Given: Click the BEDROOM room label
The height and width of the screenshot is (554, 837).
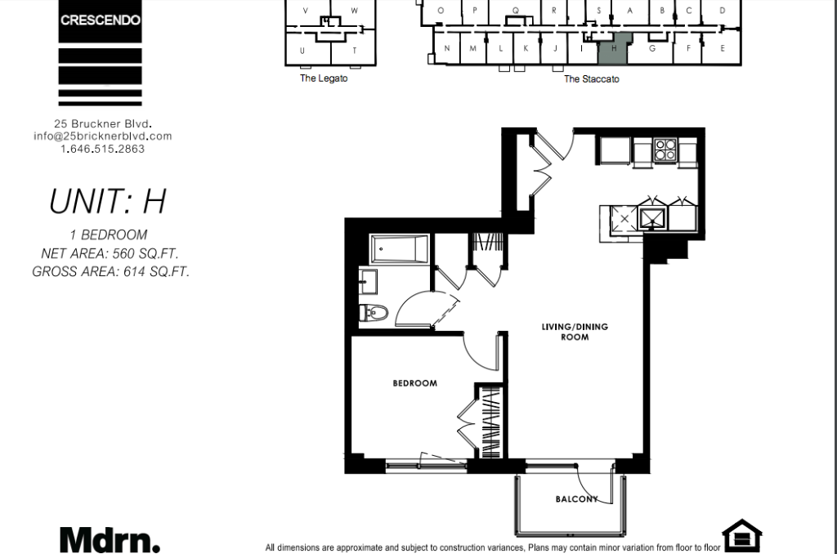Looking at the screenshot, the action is click(x=414, y=383).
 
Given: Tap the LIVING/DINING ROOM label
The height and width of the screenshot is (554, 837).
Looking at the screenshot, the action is click(x=575, y=332).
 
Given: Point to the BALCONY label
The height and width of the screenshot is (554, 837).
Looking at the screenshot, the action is click(x=576, y=499).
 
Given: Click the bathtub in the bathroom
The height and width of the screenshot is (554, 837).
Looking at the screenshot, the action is click(x=400, y=249).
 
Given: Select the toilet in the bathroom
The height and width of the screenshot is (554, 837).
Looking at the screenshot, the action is click(x=373, y=312).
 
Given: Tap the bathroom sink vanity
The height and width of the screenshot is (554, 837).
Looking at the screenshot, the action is click(x=369, y=281).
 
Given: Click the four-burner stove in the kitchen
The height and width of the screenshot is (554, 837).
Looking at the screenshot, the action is click(x=665, y=150).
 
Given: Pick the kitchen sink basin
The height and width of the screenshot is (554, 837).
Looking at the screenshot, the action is click(x=652, y=219).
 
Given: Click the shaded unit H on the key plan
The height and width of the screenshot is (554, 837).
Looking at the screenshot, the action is click(x=614, y=48).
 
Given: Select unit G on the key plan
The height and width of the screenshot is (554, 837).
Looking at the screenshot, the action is click(x=651, y=49).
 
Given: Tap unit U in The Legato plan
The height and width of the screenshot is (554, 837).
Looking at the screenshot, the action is click(x=302, y=51).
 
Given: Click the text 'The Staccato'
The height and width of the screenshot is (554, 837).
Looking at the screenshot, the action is click(x=592, y=79).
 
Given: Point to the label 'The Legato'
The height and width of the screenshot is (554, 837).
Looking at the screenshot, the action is click(x=324, y=78).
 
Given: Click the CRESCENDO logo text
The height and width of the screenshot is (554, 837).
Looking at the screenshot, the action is click(x=101, y=20).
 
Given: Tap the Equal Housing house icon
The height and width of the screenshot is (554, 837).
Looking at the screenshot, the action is click(x=742, y=534).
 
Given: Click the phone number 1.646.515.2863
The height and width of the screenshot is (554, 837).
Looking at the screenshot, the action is click(x=102, y=149).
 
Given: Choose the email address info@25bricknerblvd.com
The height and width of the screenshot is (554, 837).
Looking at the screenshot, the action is click(x=102, y=136).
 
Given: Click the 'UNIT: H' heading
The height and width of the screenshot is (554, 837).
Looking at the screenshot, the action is click(x=108, y=201).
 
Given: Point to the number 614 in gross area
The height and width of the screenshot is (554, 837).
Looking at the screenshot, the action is click(x=134, y=271).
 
